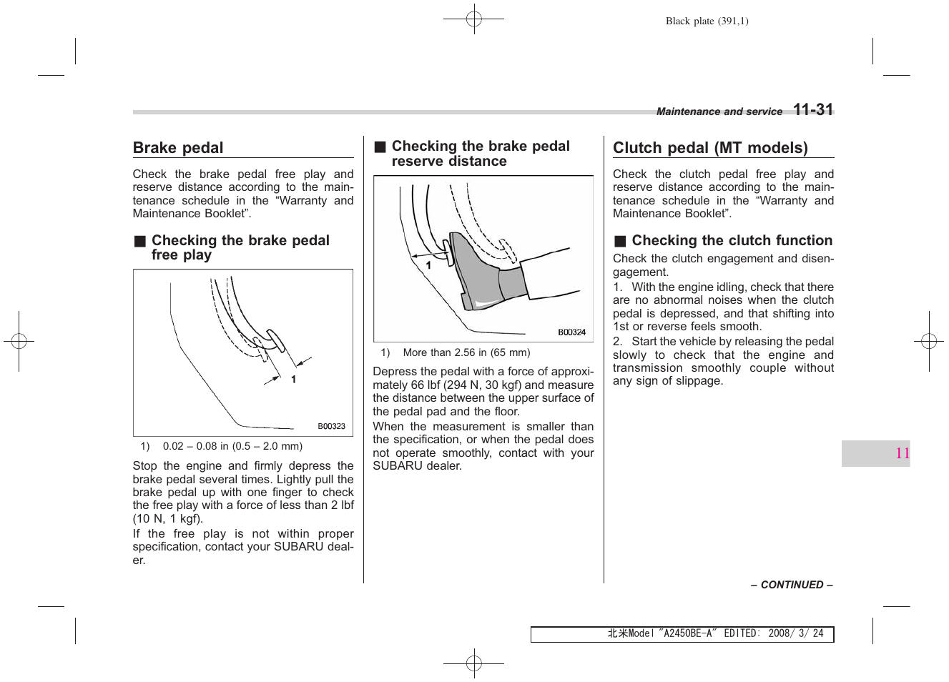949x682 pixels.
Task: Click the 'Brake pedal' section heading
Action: pos(178,148)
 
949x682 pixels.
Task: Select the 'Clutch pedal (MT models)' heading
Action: pos(710,148)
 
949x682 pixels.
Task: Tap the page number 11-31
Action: pos(813,109)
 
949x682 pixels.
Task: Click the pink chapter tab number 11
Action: pos(902,453)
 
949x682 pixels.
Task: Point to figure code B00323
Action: pos(331,426)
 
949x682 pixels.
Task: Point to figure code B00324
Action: pos(571,332)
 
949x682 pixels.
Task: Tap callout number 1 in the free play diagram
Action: pos(293,380)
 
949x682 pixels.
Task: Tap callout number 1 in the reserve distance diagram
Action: pos(428,265)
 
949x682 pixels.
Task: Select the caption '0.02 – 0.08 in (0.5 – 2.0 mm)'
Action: pos(232,446)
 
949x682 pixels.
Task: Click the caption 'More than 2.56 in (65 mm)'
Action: pos(466,352)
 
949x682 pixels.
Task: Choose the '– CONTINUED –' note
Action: pos(791,585)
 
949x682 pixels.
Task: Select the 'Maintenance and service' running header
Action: pos(719,112)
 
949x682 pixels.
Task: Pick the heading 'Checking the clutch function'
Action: pos(732,240)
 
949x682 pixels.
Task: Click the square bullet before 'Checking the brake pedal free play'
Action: pos(140,241)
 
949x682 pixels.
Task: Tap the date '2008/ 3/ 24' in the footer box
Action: pos(795,633)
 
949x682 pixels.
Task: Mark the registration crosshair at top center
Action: pos(473,19)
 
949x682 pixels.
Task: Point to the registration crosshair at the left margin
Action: pos(19,342)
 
